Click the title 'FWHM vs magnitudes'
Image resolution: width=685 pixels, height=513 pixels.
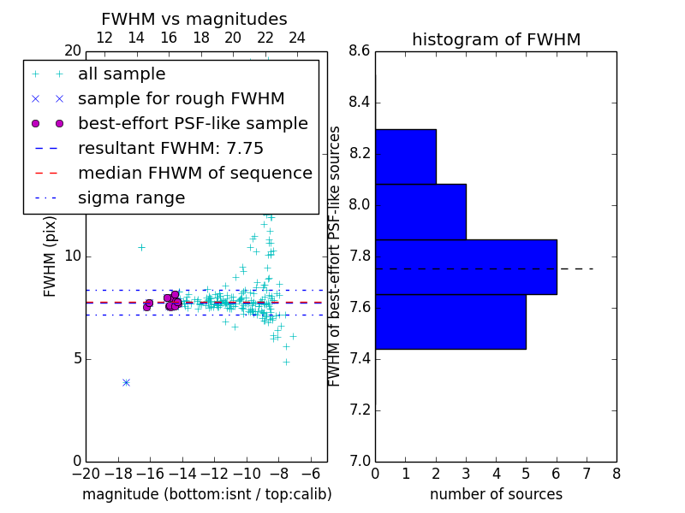(194, 19)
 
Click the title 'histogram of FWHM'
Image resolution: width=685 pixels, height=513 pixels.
(496, 39)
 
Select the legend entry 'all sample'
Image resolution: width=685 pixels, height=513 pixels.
(122, 74)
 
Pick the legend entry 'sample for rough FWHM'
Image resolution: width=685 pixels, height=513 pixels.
(181, 98)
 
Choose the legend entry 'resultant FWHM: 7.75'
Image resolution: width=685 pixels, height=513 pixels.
(170, 148)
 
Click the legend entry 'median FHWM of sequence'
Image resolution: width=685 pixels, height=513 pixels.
(194, 173)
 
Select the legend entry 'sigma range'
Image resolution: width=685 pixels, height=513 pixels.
(131, 198)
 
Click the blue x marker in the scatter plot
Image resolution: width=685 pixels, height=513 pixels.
(126, 382)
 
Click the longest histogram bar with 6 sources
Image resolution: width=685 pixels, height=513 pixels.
(466, 267)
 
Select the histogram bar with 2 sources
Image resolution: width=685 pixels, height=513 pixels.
(406, 156)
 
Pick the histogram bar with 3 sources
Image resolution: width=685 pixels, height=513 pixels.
(420, 212)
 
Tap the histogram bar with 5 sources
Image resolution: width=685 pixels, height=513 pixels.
(450, 321)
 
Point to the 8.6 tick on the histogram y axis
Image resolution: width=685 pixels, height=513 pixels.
(359, 51)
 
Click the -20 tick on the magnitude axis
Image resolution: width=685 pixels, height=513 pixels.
(86, 474)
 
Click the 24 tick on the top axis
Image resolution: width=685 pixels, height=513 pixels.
(297, 38)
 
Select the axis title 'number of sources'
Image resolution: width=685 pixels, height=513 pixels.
(496, 494)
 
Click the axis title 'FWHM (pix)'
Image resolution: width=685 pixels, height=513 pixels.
(51, 256)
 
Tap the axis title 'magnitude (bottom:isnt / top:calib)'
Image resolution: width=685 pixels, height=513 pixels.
(206, 494)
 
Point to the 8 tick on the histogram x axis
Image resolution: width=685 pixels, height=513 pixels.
(616, 474)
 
